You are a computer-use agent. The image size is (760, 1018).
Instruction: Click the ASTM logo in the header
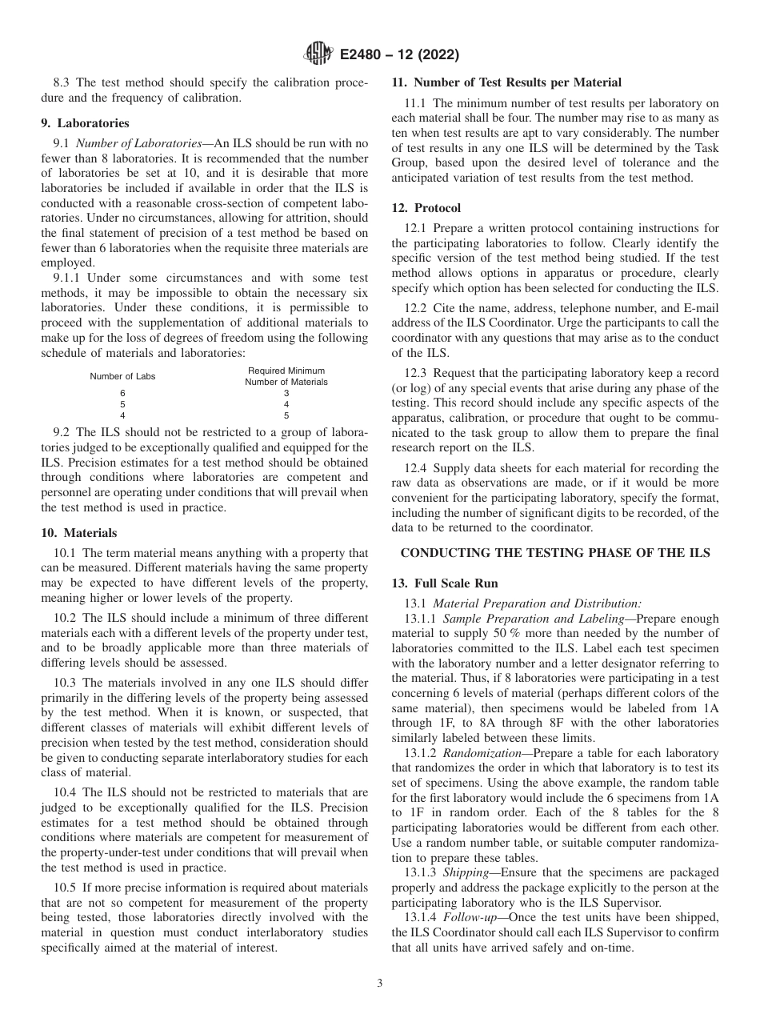tap(318, 55)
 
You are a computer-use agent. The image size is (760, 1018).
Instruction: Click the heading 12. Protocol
tap(422, 207)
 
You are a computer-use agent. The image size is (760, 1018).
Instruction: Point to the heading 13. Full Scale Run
tap(445, 583)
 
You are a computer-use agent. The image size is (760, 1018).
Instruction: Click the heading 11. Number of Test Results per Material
tap(506, 82)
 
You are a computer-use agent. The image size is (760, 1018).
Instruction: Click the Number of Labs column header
tap(122, 376)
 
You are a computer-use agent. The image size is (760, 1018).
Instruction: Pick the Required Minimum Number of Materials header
tap(286, 376)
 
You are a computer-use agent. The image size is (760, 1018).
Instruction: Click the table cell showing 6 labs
tap(122, 393)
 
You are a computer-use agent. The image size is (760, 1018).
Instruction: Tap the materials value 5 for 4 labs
tap(286, 415)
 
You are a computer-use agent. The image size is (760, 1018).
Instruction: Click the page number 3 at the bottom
tap(379, 984)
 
